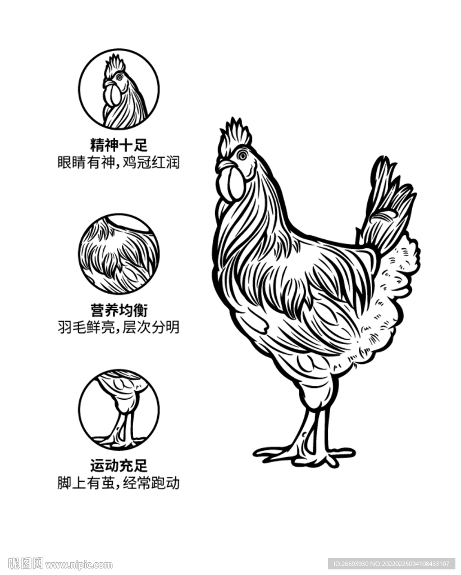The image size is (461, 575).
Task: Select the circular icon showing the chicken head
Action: [x=118, y=89]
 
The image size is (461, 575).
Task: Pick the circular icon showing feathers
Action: [x=118, y=254]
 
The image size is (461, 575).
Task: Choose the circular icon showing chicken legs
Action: [x=118, y=410]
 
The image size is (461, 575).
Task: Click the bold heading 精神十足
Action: [x=118, y=145]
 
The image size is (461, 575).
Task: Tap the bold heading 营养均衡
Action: [x=118, y=309]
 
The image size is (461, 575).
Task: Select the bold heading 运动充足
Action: [x=118, y=466]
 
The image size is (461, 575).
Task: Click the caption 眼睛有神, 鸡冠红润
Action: [x=118, y=163]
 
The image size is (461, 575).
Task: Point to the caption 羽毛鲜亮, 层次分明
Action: [x=118, y=327]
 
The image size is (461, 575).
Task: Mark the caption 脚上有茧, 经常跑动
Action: [x=118, y=483]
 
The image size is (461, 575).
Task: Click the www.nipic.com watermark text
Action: [x=79, y=564]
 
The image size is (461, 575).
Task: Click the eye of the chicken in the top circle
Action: [x=119, y=76]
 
